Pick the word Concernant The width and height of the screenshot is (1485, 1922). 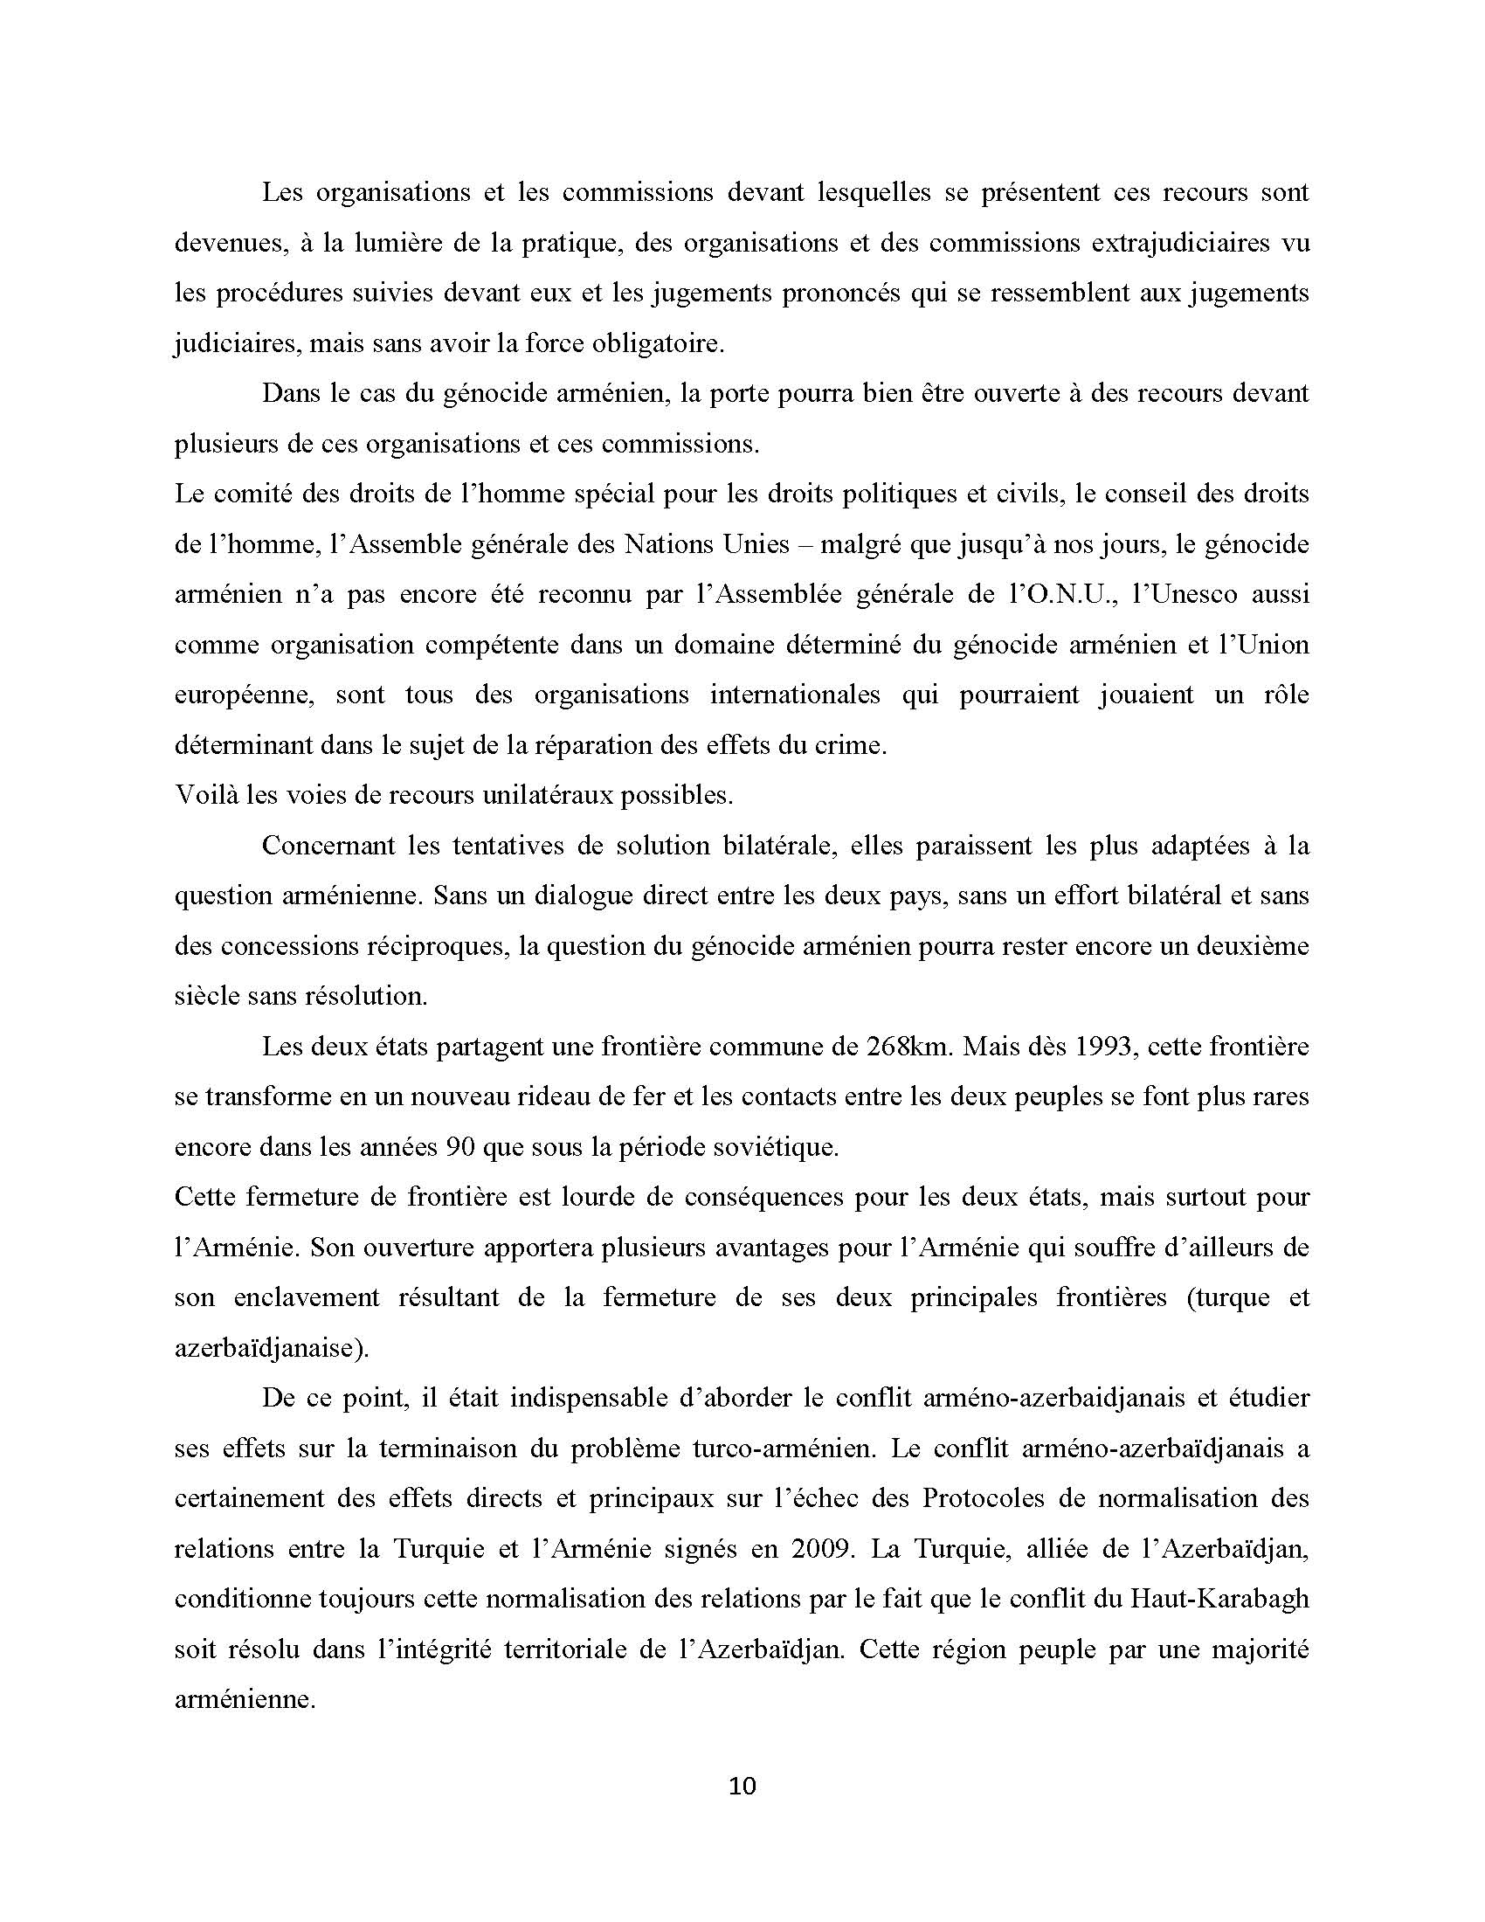pyautogui.click(x=328, y=846)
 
